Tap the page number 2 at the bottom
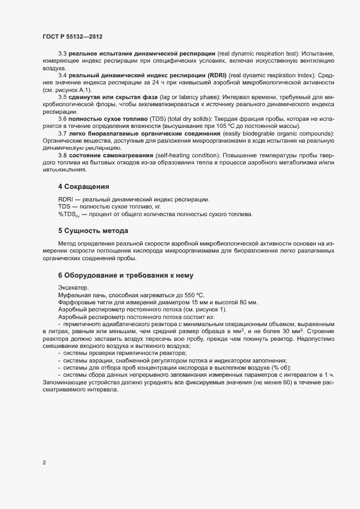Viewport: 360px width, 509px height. (x=44, y=463)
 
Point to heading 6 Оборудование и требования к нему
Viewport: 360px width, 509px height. (x=123, y=275)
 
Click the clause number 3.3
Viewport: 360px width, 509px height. (x=63, y=53)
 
